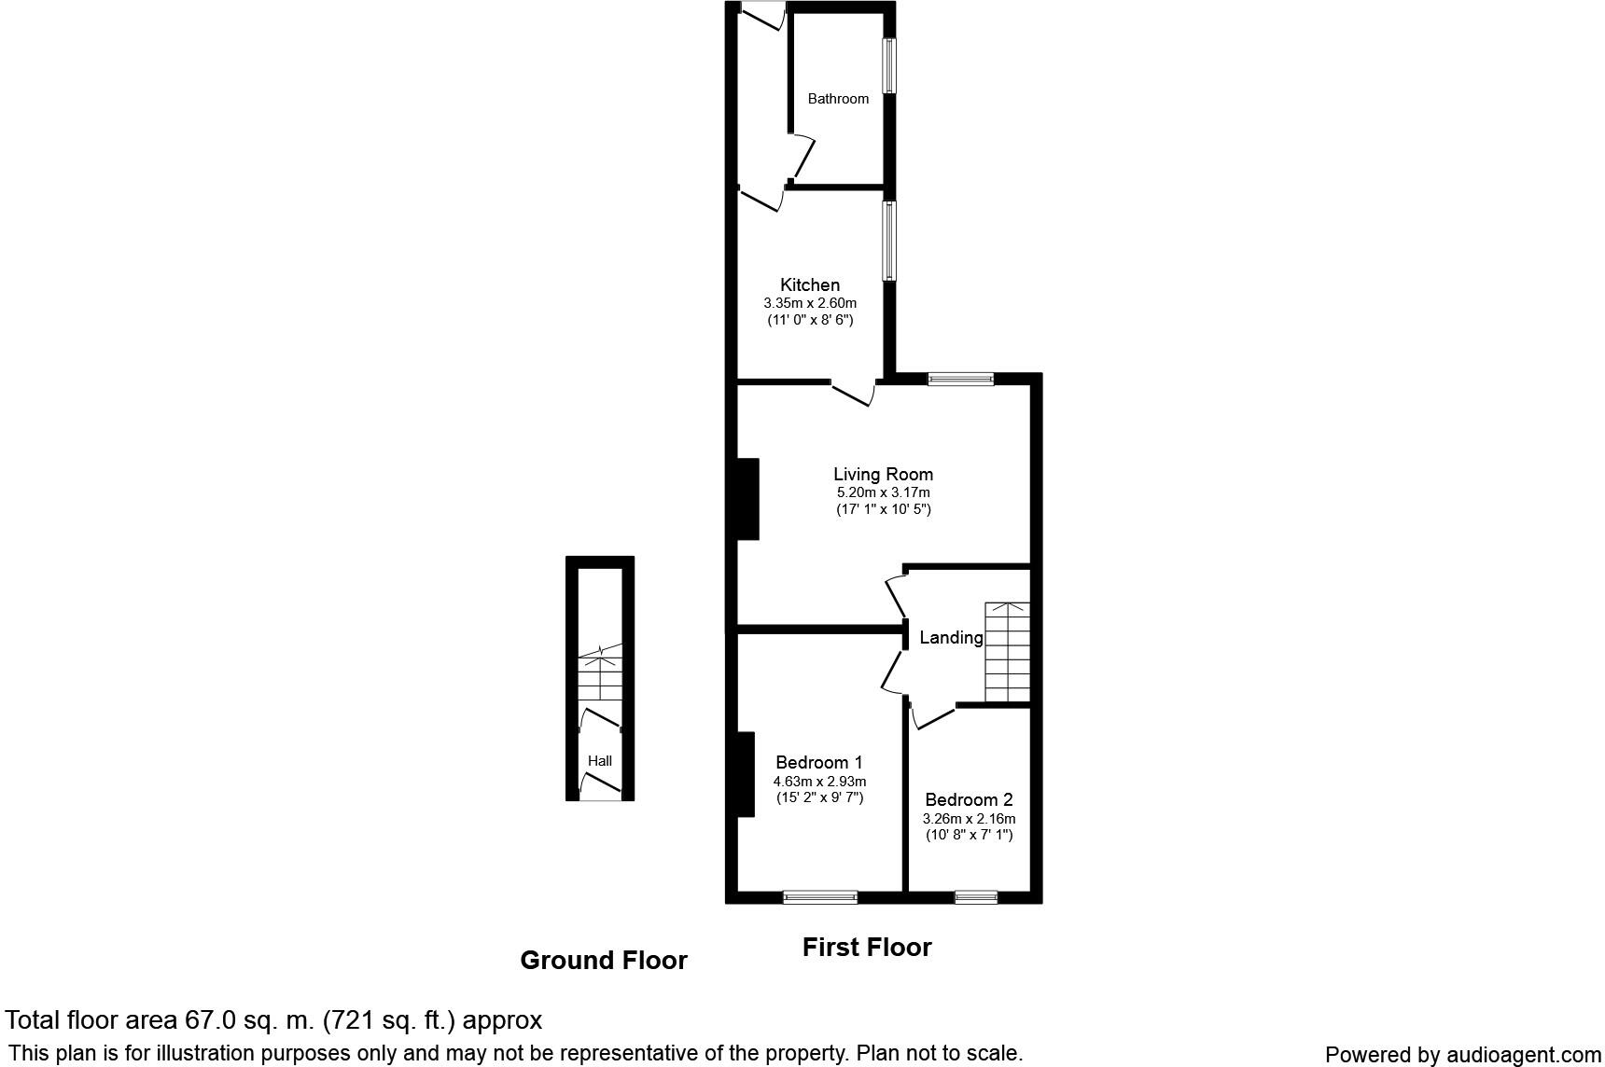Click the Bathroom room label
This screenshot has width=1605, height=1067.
(x=838, y=99)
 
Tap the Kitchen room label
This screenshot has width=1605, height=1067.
(x=810, y=284)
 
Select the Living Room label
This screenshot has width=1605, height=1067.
(x=883, y=474)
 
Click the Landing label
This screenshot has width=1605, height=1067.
(x=951, y=637)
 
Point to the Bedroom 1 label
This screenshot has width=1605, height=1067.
(x=818, y=762)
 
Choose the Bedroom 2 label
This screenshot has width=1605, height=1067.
(x=969, y=799)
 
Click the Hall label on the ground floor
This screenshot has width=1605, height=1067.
(x=600, y=761)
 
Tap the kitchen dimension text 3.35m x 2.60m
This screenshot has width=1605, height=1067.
(x=810, y=303)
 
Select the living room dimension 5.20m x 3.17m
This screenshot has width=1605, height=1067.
(x=883, y=492)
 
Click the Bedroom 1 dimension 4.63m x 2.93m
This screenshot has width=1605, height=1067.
(x=819, y=782)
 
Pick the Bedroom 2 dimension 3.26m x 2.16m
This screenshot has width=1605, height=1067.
(x=969, y=818)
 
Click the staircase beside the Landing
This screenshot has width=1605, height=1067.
(x=1008, y=652)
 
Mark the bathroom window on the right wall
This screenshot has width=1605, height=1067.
(x=890, y=65)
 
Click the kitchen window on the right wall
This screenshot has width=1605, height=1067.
(x=890, y=241)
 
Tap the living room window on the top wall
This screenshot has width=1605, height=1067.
(x=960, y=379)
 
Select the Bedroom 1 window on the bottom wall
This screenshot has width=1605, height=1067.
(x=819, y=897)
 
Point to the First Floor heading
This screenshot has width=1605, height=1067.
(x=867, y=948)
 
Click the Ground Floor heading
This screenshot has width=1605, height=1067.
(x=603, y=961)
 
